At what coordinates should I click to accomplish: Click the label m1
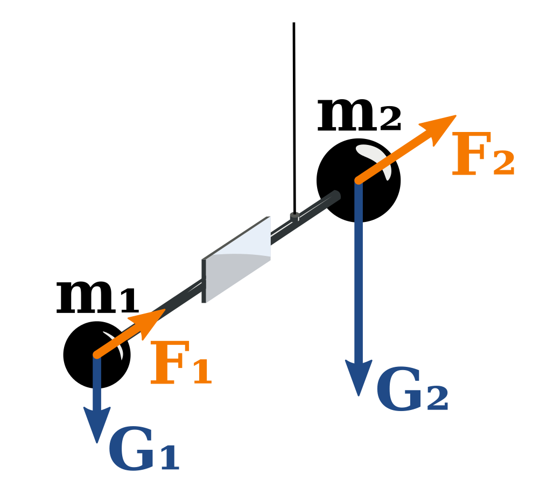pos(97,297)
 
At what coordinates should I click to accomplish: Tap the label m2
pos(358,117)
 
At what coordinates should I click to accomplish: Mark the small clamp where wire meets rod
pos(294,217)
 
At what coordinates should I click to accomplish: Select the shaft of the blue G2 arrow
pos(358,280)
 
